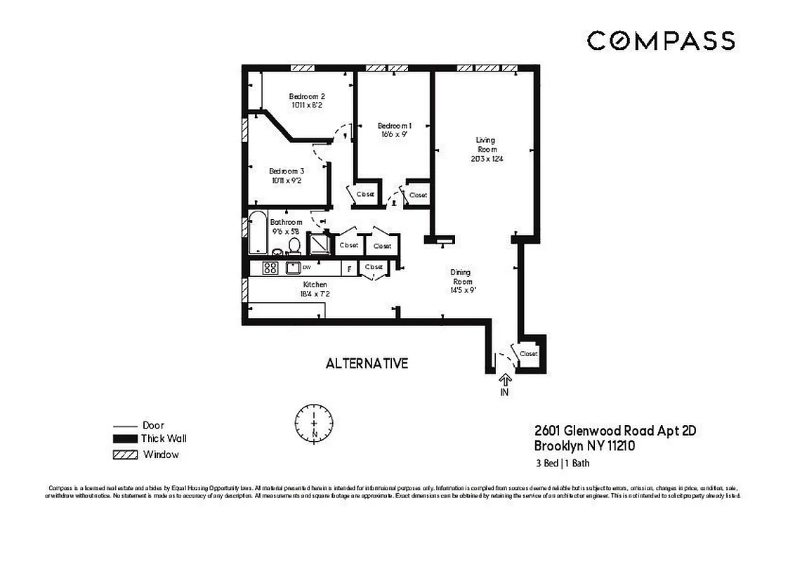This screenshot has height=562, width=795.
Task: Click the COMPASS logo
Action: pyautogui.click(x=661, y=41)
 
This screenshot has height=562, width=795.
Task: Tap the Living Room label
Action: pyautogui.click(x=487, y=145)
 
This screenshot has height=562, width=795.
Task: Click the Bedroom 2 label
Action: pyautogui.click(x=307, y=97)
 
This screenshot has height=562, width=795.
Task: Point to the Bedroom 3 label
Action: pyautogui.click(x=287, y=171)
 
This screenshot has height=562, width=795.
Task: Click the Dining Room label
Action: pyautogui.click(x=461, y=276)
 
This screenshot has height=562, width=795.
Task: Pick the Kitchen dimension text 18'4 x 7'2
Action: pyautogui.click(x=315, y=294)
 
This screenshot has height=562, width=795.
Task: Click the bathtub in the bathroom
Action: pyautogui.click(x=258, y=233)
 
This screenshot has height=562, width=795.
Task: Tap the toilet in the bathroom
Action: pyautogui.click(x=294, y=245)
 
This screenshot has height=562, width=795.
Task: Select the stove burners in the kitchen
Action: pyautogui.click(x=270, y=268)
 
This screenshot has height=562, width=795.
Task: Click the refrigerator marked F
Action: pyautogui.click(x=348, y=268)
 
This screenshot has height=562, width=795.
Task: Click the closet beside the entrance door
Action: pyautogui.click(x=528, y=353)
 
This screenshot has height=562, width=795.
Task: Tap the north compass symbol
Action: pyautogui.click(x=314, y=423)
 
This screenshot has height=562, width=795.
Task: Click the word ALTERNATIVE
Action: pyautogui.click(x=367, y=363)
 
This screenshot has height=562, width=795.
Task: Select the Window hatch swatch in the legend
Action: pyautogui.click(x=124, y=455)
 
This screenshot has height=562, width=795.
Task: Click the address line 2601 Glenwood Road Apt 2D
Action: pyautogui.click(x=615, y=431)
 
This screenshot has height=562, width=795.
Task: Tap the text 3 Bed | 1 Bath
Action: pyautogui.click(x=562, y=463)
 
